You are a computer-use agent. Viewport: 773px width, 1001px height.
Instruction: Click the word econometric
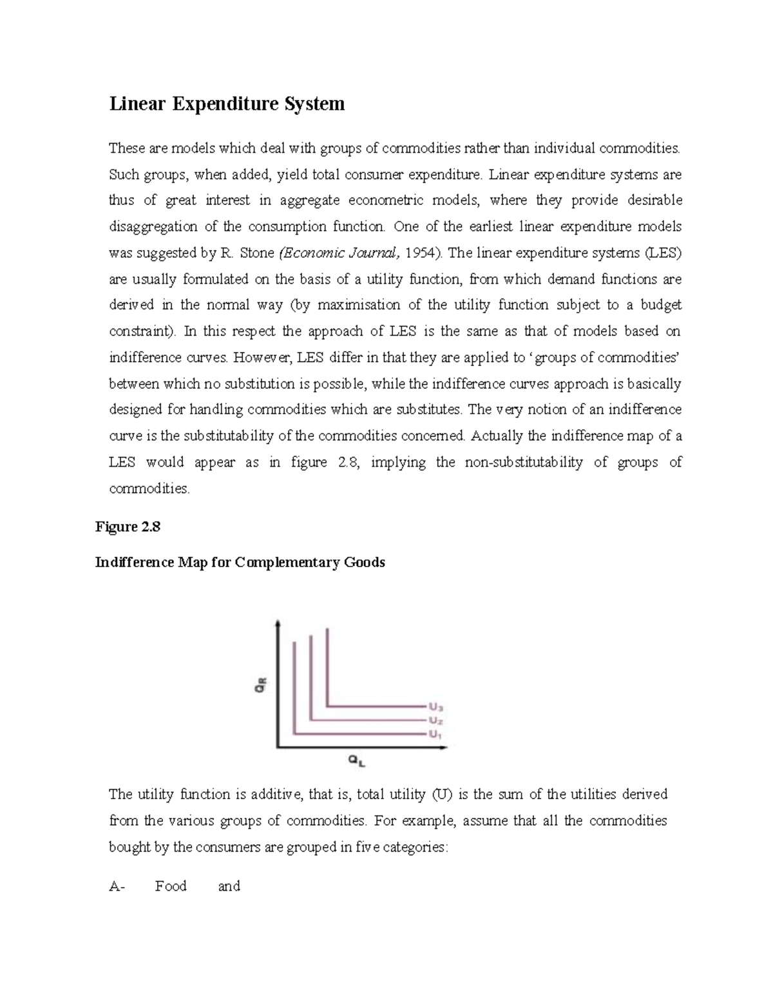[385, 200]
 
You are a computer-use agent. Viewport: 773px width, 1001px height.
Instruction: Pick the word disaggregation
[153, 227]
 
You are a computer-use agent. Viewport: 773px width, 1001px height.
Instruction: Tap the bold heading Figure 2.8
[128, 527]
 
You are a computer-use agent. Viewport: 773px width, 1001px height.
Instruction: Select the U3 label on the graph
[435, 707]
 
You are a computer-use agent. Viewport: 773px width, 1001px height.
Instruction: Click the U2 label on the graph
[435, 721]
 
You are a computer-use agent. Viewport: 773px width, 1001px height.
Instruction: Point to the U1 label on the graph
[435, 734]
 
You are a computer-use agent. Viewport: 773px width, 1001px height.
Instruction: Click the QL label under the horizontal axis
[356, 761]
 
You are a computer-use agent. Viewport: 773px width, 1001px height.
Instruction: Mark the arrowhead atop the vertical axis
[278, 623]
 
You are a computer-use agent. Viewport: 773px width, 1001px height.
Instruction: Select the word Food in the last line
[171, 886]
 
